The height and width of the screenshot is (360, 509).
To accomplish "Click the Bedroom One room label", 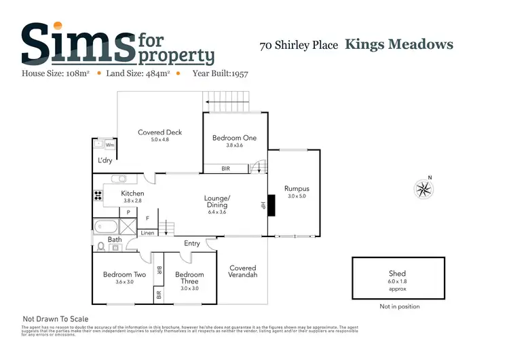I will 234,138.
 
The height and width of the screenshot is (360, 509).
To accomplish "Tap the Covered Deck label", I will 159,132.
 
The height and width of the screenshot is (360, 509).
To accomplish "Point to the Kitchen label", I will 132,194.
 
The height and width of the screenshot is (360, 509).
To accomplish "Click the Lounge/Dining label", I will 217,202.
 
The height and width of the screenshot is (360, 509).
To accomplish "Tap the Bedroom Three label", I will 189,278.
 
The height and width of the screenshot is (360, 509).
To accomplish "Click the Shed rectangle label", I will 397,274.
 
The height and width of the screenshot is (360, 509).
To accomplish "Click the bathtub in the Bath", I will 107,226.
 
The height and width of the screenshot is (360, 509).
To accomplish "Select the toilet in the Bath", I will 101,247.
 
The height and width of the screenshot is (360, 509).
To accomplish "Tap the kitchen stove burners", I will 98,196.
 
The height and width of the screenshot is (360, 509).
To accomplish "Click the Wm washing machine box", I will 109,145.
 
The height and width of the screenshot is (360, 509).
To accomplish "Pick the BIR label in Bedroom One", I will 226,168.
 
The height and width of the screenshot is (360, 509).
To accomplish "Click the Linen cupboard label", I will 147,233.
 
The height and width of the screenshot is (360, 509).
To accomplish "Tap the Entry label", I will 192,243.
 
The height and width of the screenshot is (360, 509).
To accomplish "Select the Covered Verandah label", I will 242,271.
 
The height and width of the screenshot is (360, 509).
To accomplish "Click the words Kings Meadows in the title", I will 399,45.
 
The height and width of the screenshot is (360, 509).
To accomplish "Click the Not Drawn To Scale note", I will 56,319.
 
